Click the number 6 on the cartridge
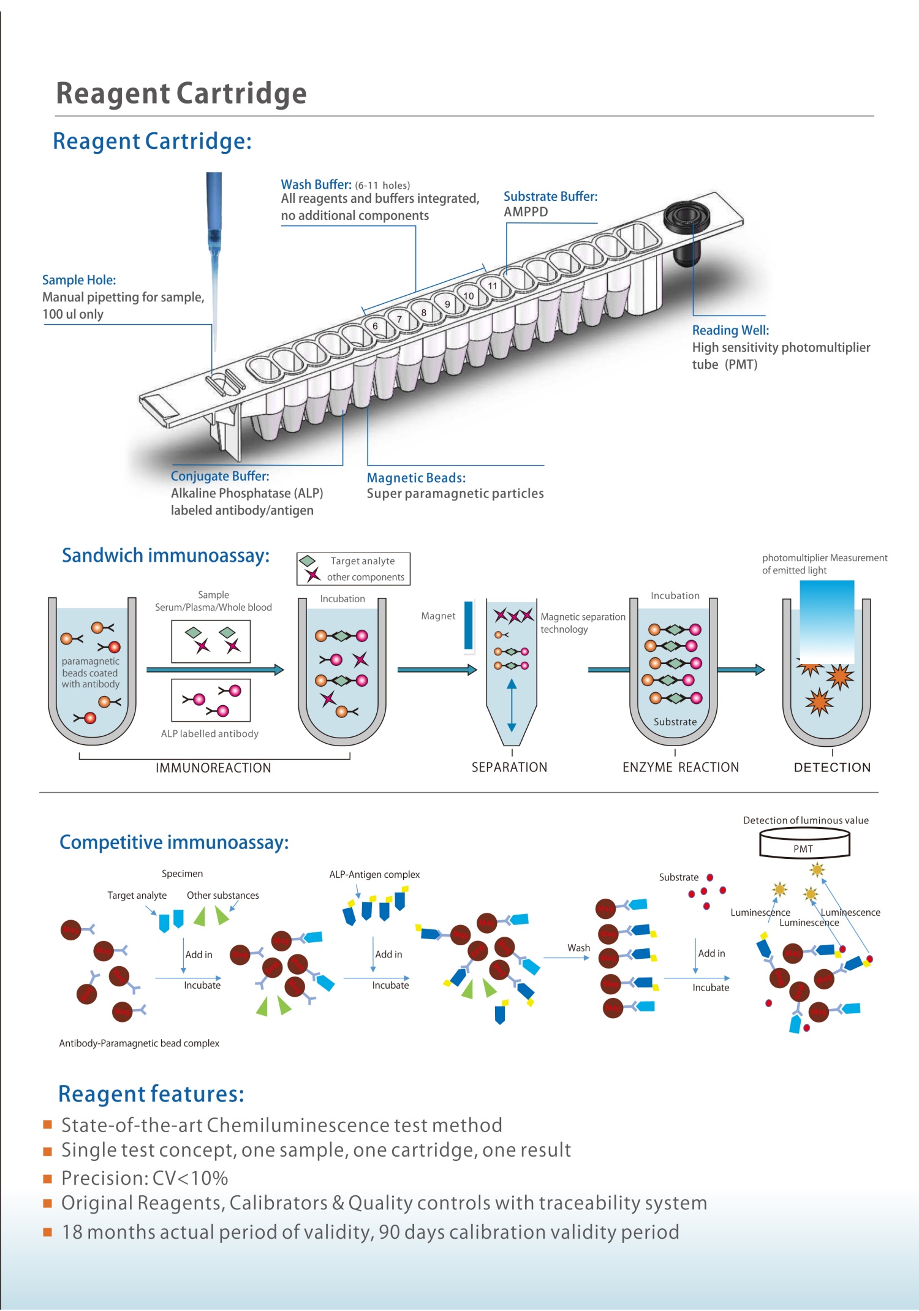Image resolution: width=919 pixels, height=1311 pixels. coord(376,326)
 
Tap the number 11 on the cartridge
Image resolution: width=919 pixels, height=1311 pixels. coord(493,286)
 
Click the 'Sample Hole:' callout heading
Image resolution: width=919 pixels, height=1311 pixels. coord(79,280)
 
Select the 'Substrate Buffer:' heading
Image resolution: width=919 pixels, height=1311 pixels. coord(550,197)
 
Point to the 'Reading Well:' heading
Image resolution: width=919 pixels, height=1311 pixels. coord(730,330)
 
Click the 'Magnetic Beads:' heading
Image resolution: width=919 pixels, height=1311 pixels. coord(416,478)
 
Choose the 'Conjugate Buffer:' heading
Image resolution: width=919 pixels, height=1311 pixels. coord(220,476)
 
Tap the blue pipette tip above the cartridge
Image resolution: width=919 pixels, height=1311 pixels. coord(214,245)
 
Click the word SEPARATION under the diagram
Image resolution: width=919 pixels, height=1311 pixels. coord(509,767)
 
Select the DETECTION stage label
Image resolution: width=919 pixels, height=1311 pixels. coord(832,767)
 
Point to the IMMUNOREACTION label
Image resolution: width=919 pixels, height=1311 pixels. coord(213,768)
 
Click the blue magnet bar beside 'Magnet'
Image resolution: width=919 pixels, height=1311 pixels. coord(469,625)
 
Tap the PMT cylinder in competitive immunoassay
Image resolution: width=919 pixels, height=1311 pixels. coord(804,844)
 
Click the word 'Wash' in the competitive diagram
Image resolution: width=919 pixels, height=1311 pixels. coord(578,948)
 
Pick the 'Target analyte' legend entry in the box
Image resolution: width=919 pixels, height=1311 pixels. coord(362,561)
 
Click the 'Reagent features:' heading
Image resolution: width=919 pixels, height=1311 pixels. coord(151,1094)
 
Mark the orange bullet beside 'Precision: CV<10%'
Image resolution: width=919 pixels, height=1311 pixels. coord(47,1178)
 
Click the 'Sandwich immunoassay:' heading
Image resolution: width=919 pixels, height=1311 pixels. coord(165,555)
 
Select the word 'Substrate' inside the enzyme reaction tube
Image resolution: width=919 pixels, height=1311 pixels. coord(675,722)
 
